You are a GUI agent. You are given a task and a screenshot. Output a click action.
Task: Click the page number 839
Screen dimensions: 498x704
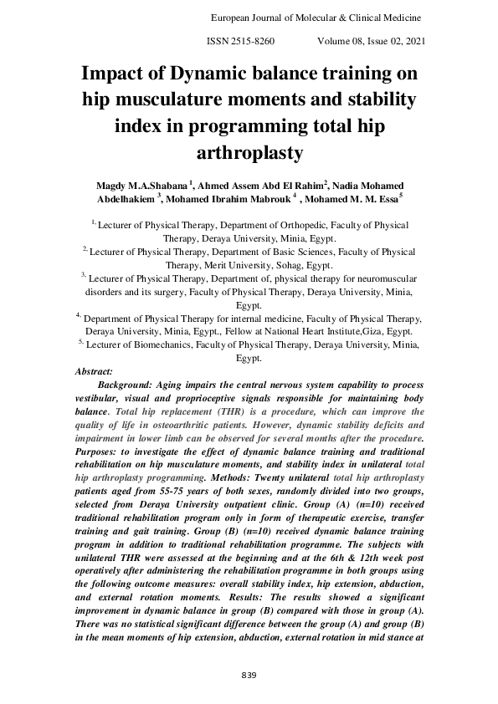[248, 676]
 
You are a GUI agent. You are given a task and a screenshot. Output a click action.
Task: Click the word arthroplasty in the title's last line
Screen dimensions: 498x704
[248, 153]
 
